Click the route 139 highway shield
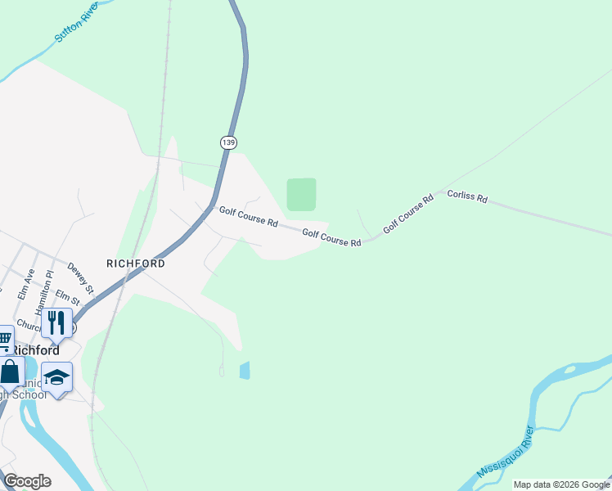pos(228,142)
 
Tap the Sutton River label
pos(76,25)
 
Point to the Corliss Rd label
pos(467,197)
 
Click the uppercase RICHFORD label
pos(136,264)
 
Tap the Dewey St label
pos(81,279)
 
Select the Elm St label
pos(68,300)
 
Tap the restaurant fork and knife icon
pos(56,322)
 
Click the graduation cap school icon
pos(56,376)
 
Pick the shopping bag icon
pos(10,371)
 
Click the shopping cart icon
pos(5,338)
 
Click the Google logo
pos(27,481)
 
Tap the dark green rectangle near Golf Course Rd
pos(301,195)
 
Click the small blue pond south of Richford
pos(245,371)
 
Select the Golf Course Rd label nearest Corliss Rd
pos(407,214)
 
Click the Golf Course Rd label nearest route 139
pos(249,217)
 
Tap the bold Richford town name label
pos(36,349)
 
